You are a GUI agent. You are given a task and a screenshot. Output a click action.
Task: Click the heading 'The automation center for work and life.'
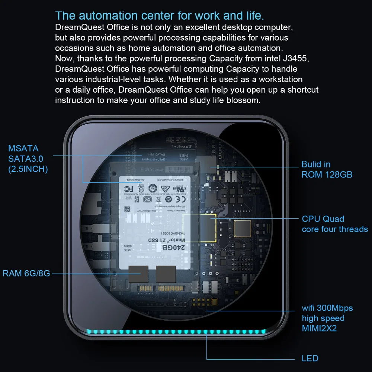tap(160, 16)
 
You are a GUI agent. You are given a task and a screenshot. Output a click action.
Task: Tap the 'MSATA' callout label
tap(23, 148)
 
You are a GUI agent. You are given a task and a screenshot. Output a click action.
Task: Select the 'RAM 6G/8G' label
tap(26, 273)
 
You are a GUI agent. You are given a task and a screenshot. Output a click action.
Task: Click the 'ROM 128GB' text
tap(327, 174)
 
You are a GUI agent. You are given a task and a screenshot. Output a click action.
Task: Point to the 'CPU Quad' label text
tap(323, 219)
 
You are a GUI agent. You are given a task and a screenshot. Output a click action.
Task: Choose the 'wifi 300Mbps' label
tap(327, 308)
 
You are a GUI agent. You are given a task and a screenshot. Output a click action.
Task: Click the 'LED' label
tap(310, 359)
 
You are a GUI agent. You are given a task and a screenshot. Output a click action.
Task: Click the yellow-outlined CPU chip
tap(200, 227)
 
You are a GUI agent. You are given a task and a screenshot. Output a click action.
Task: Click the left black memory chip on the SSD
tap(138, 274)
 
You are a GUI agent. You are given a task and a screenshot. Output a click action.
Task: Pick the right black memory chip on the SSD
tap(166, 274)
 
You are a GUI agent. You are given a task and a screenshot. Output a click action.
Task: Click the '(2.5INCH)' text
tap(28, 169)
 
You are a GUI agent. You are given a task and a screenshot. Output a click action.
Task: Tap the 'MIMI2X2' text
tap(319, 328)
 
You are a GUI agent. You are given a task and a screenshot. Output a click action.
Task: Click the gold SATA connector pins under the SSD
tap(164, 288)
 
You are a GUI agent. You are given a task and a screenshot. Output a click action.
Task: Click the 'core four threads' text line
tap(335, 229)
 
